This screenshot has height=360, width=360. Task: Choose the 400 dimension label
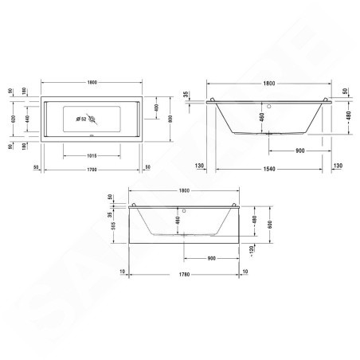[x=156, y=108]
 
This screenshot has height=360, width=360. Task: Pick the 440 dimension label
[x=28, y=119]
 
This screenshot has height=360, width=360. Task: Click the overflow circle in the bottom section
[x=182, y=211]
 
